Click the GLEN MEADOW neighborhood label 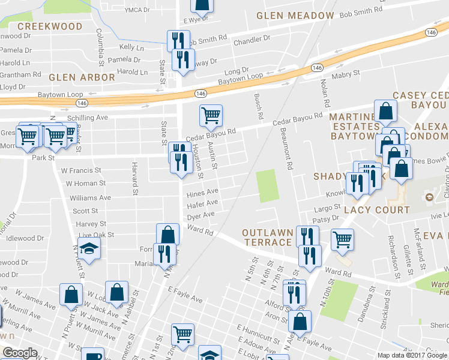tap(295, 15)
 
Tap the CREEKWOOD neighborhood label tap(50, 26)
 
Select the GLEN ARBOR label tap(82, 77)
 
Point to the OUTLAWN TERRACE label tap(268, 237)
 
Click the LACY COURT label tap(376, 210)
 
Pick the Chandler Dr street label tap(252, 41)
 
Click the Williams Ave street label tap(90, 197)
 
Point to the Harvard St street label tap(135, 173)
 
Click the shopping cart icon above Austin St tap(211, 115)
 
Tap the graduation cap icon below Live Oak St tap(89, 249)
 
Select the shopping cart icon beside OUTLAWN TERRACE tap(342, 239)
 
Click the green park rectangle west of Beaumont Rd tap(268, 185)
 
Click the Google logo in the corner tap(20, 353)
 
